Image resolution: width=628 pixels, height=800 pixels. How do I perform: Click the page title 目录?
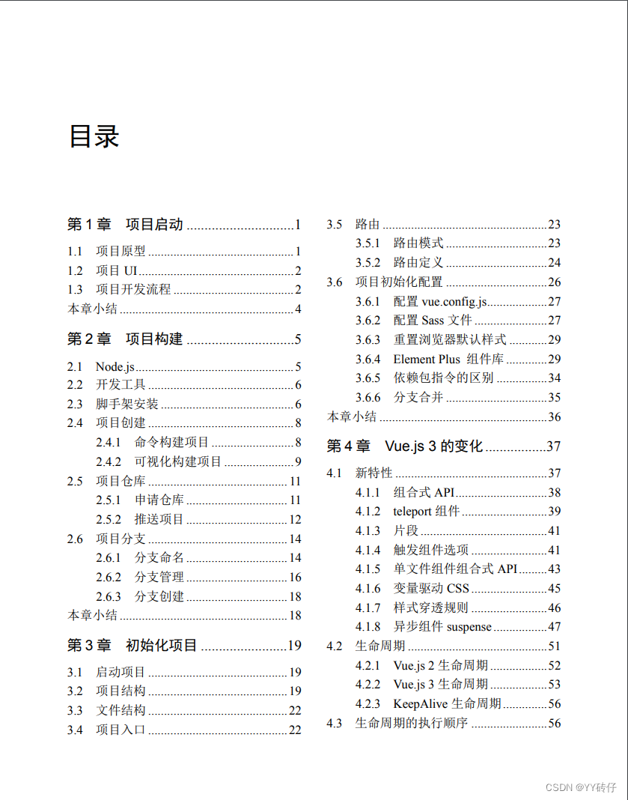pyautogui.click(x=94, y=137)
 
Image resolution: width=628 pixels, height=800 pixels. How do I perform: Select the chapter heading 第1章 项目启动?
pyautogui.click(x=125, y=224)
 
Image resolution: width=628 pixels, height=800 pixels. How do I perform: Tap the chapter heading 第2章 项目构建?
pyautogui.click(x=125, y=339)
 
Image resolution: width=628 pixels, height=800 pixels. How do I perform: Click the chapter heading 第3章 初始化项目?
pyautogui.click(x=132, y=645)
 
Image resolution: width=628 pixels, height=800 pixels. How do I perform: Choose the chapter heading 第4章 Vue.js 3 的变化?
pyautogui.click(x=405, y=446)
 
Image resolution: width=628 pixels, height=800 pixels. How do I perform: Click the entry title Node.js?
pyautogui.click(x=115, y=366)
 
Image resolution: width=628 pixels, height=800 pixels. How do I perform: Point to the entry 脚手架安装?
pyautogui.click(x=127, y=404)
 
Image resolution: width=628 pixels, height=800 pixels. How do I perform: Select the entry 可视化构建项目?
pyautogui.click(x=178, y=462)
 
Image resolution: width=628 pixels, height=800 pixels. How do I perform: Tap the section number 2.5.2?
pyautogui.click(x=109, y=520)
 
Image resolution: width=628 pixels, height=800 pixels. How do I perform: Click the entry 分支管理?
pyautogui.click(x=159, y=578)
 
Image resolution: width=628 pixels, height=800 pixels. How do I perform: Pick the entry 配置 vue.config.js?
pyautogui.click(x=440, y=301)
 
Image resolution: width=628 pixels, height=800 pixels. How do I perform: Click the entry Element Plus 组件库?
pyautogui.click(x=448, y=360)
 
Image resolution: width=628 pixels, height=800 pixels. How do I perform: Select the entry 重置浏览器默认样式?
pyautogui.click(x=450, y=340)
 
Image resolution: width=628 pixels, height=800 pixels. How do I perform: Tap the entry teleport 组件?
pyautogui.click(x=426, y=512)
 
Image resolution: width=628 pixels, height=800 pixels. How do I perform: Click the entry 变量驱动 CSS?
pyautogui.click(x=431, y=589)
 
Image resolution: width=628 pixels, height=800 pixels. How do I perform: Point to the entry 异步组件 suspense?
pyautogui.click(x=442, y=627)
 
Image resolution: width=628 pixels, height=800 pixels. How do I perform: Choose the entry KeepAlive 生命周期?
pyautogui.click(x=447, y=704)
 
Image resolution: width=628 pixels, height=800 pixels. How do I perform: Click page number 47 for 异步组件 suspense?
pyautogui.click(x=554, y=627)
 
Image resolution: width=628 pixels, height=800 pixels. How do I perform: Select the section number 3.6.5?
pyautogui.click(x=368, y=378)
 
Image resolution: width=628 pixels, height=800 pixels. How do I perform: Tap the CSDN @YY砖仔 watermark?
pyautogui.click(x=581, y=787)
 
